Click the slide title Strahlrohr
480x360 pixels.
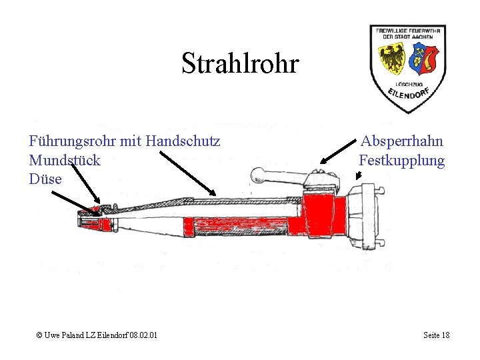[x=240, y=64]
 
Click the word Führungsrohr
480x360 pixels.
[x=67, y=141]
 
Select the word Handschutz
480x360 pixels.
[x=183, y=141]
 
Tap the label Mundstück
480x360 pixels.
[x=65, y=160]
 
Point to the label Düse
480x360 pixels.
[x=45, y=179]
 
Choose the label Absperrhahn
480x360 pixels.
[x=402, y=141]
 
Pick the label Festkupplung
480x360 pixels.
[x=401, y=160]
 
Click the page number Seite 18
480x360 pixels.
[x=436, y=335]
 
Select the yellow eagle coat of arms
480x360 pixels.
[x=393, y=59]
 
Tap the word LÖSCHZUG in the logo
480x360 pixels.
[x=407, y=84]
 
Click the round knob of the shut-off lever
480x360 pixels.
[x=257, y=175]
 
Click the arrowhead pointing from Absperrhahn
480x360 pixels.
[x=323, y=161]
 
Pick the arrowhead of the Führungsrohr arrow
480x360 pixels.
[x=213, y=193]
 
